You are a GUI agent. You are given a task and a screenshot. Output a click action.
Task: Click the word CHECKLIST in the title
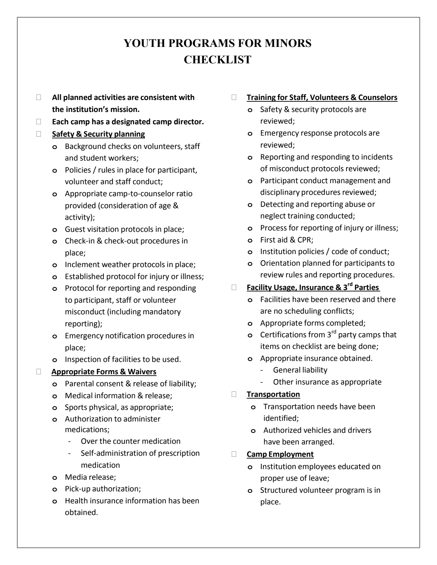click(x=218, y=60)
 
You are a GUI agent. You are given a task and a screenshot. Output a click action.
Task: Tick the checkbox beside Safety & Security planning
click(x=39, y=134)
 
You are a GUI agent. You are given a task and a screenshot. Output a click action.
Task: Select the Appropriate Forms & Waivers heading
click(x=104, y=372)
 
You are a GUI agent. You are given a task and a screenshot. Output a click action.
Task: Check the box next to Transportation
click(x=234, y=394)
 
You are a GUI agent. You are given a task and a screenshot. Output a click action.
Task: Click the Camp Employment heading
click(x=280, y=454)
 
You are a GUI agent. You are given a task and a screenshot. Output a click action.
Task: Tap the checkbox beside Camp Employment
click(x=234, y=455)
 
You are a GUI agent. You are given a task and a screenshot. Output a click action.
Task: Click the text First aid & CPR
click(x=287, y=240)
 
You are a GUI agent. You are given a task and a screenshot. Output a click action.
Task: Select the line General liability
click(x=300, y=370)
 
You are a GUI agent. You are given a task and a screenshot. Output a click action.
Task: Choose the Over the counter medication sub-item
click(x=131, y=441)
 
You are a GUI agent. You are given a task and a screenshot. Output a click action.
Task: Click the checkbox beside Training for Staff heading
click(x=234, y=98)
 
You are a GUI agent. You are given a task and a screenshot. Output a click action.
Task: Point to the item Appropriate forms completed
click(x=313, y=323)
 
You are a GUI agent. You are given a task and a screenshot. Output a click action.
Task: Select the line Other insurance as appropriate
click(x=327, y=382)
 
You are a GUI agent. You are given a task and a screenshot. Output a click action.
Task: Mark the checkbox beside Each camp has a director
click(x=39, y=122)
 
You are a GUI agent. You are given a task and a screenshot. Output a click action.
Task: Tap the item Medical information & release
click(x=119, y=396)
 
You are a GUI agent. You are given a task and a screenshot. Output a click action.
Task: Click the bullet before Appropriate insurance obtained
click(x=250, y=359)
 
